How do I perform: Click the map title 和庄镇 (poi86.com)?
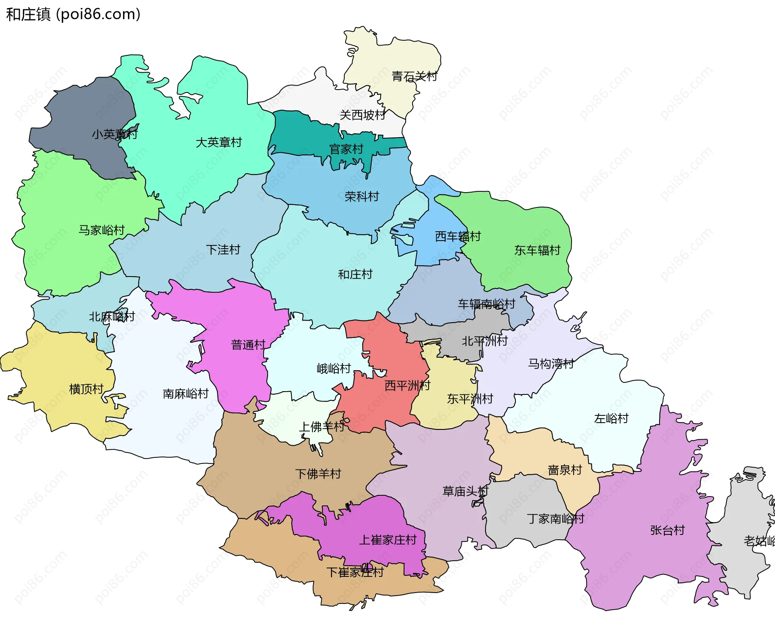pyautogui.click(x=73, y=14)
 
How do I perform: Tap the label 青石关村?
pyautogui.click(x=415, y=76)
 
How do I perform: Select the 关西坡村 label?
pyautogui.click(x=362, y=115)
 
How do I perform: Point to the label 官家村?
pyautogui.click(x=346, y=150)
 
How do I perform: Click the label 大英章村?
pyautogui.click(x=219, y=142)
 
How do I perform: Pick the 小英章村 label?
pyautogui.click(x=115, y=134)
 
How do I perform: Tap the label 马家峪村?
pyautogui.click(x=101, y=230)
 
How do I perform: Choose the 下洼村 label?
pyautogui.click(x=223, y=250)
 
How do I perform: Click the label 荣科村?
pyautogui.click(x=362, y=197)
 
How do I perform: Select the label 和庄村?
pyautogui.click(x=355, y=274)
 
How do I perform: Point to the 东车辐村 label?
pyautogui.click(x=537, y=250)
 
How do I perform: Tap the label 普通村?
pyautogui.click(x=248, y=345)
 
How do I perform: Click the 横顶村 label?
pyautogui.click(x=86, y=389)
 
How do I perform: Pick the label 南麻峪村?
pyautogui.click(x=186, y=394)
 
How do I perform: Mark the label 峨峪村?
pyautogui.click(x=334, y=369)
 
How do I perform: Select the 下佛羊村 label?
pyautogui.click(x=318, y=474)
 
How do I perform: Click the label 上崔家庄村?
pyautogui.click(x=387, y=540)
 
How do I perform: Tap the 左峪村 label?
pyautogui.click(x=611, y=419)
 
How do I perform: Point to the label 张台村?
pyautogui.click(x=668, y=530)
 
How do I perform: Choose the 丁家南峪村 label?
pyautogui.click(x=555, y=519)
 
